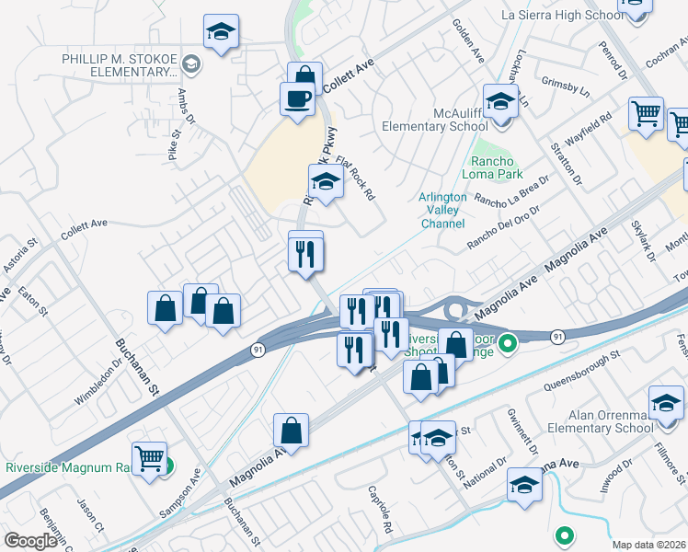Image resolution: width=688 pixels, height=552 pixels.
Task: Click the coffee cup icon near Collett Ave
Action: click(297, 98)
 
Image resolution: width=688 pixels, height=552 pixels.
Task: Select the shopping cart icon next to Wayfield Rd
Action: click(647, 115)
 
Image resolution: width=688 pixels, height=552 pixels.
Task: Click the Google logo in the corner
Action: click(30, 541)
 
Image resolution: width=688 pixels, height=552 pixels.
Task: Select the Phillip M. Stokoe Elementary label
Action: click(120, 64)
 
